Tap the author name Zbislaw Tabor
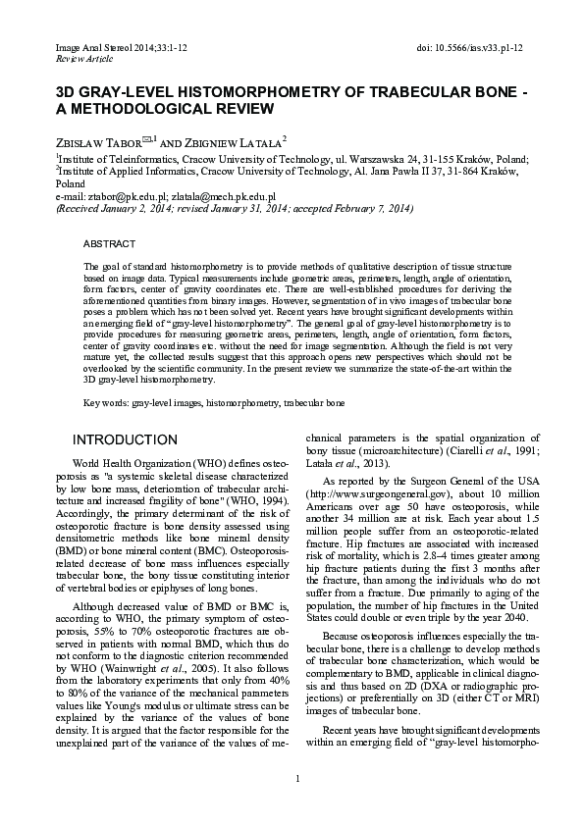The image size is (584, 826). (x=97, y=141)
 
